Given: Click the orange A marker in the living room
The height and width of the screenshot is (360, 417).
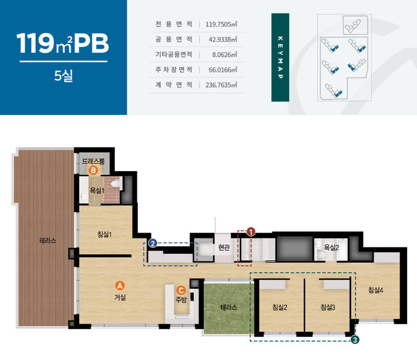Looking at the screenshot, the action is pyautogui.click(x=120, y=286).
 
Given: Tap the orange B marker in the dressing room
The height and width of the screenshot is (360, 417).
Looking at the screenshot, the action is pyautogui.click(x=93, y=170).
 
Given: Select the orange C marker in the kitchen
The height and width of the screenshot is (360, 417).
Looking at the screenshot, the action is pyautogui.click(x=181, y=290).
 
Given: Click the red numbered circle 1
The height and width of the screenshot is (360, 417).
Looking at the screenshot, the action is pyautogui.click(x=251, y=232).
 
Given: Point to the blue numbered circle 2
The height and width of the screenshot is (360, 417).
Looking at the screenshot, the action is pyautogui.click(x=152, y=243).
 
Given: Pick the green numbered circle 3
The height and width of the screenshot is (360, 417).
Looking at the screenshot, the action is pyautogui.click(x=355, y=340).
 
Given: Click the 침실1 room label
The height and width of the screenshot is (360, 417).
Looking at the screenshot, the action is pyautogui.click(x=105, y=234).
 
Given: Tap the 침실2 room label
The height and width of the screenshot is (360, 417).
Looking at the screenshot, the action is pyautogui.click(x=280, y=307).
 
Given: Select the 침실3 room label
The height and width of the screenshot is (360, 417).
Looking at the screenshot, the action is pyautogui.click(x=327, y=307).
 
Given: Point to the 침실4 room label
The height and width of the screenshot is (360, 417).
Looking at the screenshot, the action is pyautogui.click(x=375, y=290).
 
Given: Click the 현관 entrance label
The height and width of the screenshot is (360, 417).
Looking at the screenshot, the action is pyautogui.click(x=224, y=247).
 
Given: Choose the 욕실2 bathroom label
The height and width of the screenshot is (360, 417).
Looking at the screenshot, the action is pyautogui.click(x=331, y=247).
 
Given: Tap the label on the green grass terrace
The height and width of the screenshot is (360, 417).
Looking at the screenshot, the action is pyautogui.click(x=229, y=307).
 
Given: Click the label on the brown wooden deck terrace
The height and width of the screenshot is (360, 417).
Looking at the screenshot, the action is pyautogui.click(x=48, y=241).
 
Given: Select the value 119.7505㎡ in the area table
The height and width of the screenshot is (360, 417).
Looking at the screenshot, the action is pyautogui.click(x=221, y=24).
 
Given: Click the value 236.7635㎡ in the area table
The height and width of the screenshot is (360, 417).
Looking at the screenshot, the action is pyautogui.click(x=221, y=85).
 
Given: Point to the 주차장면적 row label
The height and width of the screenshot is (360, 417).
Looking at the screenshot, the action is pyautogui.click(x=174, y=70).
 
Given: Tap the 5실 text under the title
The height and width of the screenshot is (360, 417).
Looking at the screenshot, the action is pyautogui.click(x=64, y=76).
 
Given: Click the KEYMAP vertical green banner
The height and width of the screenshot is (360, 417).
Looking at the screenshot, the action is pyautogui.click(x=280, y=57).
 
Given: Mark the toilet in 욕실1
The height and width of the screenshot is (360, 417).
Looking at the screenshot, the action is pyautogui.click(x=116, y=184).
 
